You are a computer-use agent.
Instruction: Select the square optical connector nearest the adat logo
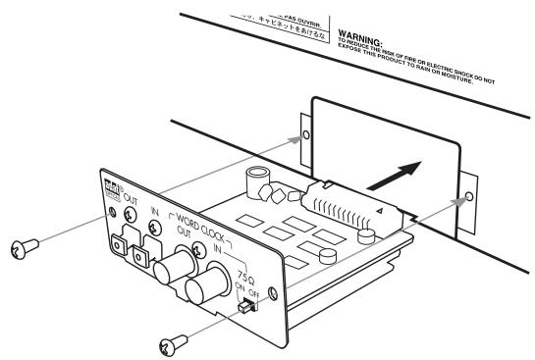click(123, 237)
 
